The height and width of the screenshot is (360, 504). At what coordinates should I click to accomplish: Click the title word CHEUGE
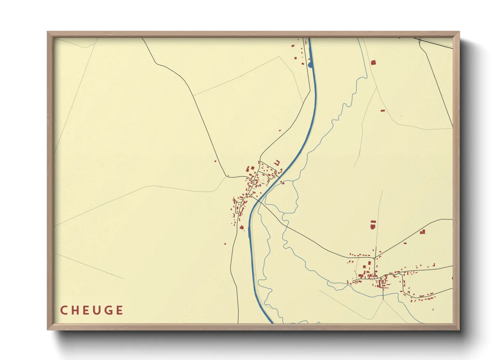92,310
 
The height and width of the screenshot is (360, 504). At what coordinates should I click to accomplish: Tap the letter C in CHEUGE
64,310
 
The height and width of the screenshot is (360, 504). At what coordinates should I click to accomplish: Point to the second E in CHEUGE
119,310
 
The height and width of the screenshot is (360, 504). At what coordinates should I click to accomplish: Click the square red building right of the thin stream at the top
373,62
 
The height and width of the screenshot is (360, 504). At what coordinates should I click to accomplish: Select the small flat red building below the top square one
383,111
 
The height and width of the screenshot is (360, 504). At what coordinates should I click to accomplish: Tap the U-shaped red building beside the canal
277,163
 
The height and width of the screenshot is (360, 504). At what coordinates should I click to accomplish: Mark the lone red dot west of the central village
215,161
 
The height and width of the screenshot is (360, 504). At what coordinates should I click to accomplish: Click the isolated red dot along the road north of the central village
280,130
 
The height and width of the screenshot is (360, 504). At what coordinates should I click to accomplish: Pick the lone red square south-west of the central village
225,244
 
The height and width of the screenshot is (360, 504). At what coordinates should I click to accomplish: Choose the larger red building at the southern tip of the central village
242,227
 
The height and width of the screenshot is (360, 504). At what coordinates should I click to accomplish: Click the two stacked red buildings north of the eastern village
373,225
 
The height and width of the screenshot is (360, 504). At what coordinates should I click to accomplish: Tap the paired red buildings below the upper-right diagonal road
423,232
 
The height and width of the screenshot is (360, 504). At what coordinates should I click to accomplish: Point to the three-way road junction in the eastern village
376,257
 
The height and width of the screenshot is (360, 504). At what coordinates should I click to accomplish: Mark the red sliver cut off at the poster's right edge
452,278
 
